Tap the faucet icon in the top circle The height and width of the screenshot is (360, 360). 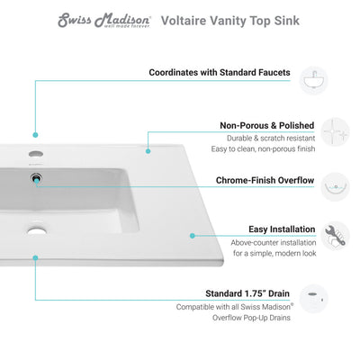click(313, 76)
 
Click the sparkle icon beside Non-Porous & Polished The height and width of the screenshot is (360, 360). click(312, 130)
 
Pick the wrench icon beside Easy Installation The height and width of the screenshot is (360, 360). click(312, 235)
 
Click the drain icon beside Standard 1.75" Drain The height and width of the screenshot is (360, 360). click(313, 295)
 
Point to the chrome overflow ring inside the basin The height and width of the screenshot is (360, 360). click(35, 180)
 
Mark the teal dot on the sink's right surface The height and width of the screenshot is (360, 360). click(192, 236)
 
